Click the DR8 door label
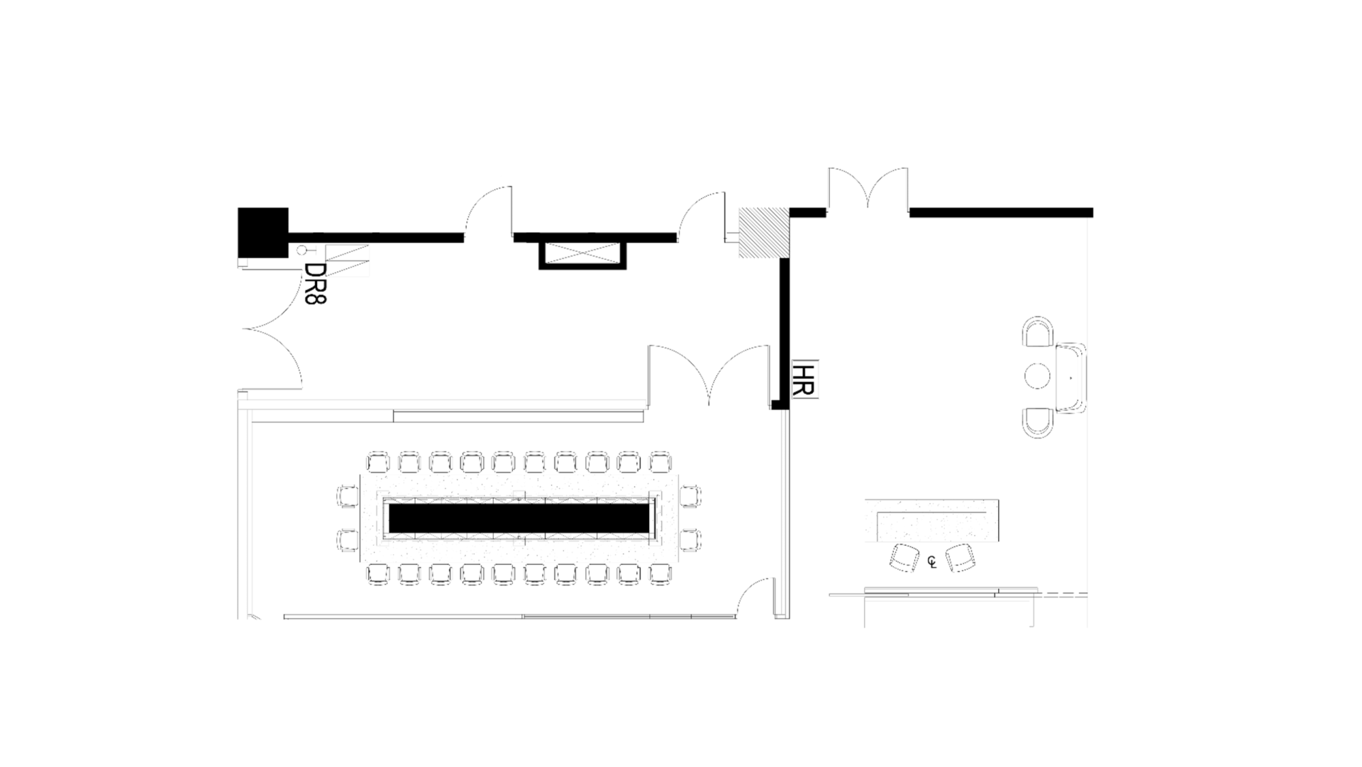pyautogui.click(x=315, y=284)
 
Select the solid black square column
pyautogui.click(x=263, y=233)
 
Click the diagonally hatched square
pyautogui.click(x=764, y=233)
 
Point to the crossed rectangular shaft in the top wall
pyautogui.click(x=583, y=253)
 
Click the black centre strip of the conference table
pyautogui.click(x=519, y=518)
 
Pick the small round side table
pyautogui.click(x=1037, y=376)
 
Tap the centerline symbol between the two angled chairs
pyautogui.click(x=932, y=563)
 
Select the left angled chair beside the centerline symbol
pyautogui.click(x=904, y=557)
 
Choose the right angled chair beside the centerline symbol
pyautogui.click(x=960, y=557)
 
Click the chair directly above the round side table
pyautogui.click(x=1038, y=332)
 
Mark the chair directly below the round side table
pyautogui.click(x=1038, y=421)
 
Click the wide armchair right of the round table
pyautogui.click(x=1071, y=377)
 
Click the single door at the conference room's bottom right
pyautogui.click(x=755, y=597)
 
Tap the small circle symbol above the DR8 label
pyautogui.click(x=301, y=250)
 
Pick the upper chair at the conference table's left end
pyautogui.click(x=348, y=495)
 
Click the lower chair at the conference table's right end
pyautogui.click(x=690, y=540)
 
